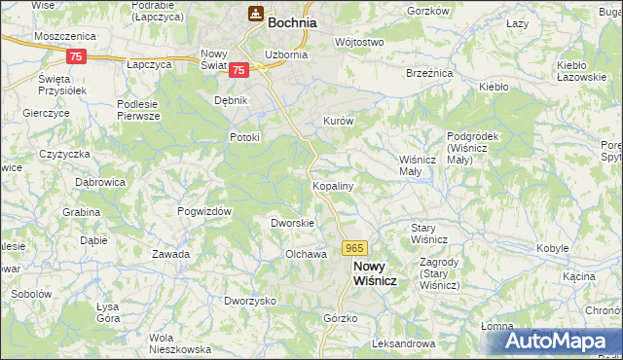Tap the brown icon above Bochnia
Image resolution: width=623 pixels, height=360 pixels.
point(255,14)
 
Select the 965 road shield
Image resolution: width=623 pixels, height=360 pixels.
point(354,250)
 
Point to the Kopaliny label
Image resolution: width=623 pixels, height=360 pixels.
point(332,184)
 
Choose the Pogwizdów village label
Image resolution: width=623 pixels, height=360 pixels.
point(203,211)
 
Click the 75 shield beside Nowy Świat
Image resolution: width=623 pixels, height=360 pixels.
point(239,69)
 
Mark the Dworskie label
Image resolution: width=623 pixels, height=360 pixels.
point(292,223)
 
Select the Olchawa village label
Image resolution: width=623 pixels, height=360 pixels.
point(304,254)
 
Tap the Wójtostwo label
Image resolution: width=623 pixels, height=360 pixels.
point(359,43)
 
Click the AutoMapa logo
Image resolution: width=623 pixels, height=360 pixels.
point(550,342)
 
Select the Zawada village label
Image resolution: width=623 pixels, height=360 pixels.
point(170,254)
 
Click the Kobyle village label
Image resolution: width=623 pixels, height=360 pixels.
point(552,248)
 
